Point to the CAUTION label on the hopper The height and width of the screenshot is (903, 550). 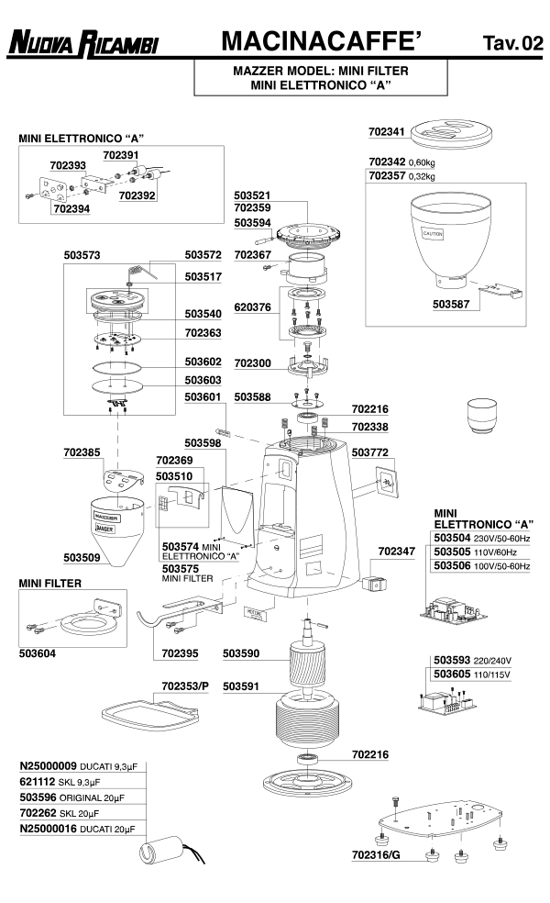tap(433, 234)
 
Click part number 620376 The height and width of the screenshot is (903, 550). tap(252, 309)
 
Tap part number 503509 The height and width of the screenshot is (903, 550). tap(83, 556)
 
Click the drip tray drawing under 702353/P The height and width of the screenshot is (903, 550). tap(147, 711)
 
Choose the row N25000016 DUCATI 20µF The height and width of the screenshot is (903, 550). tap(81, 829)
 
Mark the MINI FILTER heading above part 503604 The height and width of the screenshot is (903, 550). tap(51, 583)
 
